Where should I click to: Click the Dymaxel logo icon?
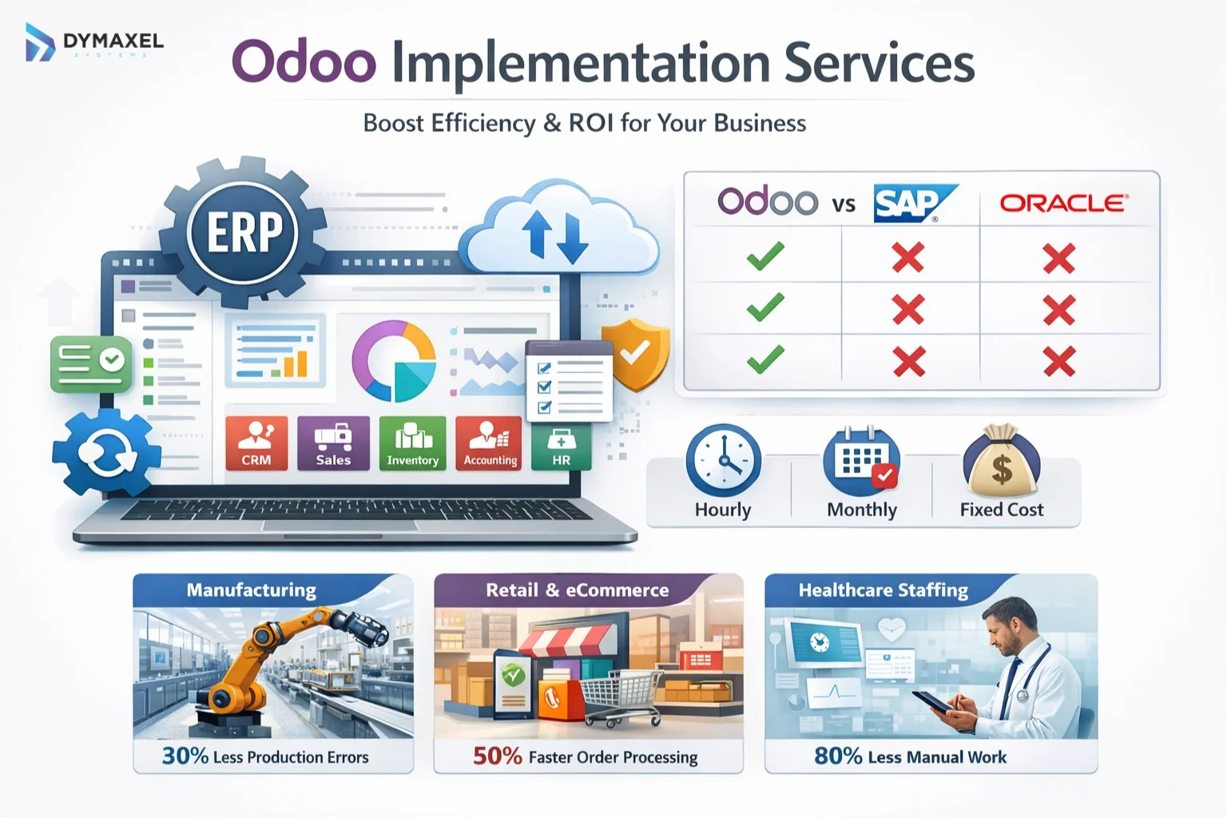pyautogui.click(x=39, y=42)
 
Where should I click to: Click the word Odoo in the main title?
pyautogui.click(x=304, y=62)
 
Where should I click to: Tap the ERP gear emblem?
pyautogui.click(x=244, y=232)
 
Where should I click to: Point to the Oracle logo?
pyautogui.click(x=1063, y=203)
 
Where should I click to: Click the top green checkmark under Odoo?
pyautogui.click(x=765, y=256)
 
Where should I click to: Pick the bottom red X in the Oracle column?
pyautogui.click(x=1058, y=362)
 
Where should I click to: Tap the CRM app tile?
pyautogui.click(x=256, y=443)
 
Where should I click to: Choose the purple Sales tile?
pyautogui.click(x=333, y=443)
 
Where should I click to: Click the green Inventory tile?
pyautogui.click(x=412, y=443)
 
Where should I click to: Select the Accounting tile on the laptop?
pyautogui.click(x=489, y=443)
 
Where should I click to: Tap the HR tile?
pyautogui.click(x=561, y=447)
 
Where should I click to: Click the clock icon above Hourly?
pyautogui.click(x=723, y=462)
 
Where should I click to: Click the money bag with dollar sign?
pyautogui.click(x=1001, y=462)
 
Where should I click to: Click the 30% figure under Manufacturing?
pyautogui.click(x=185, y=756)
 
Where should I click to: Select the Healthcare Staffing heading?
pyautogui.click(x=883, y=590)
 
